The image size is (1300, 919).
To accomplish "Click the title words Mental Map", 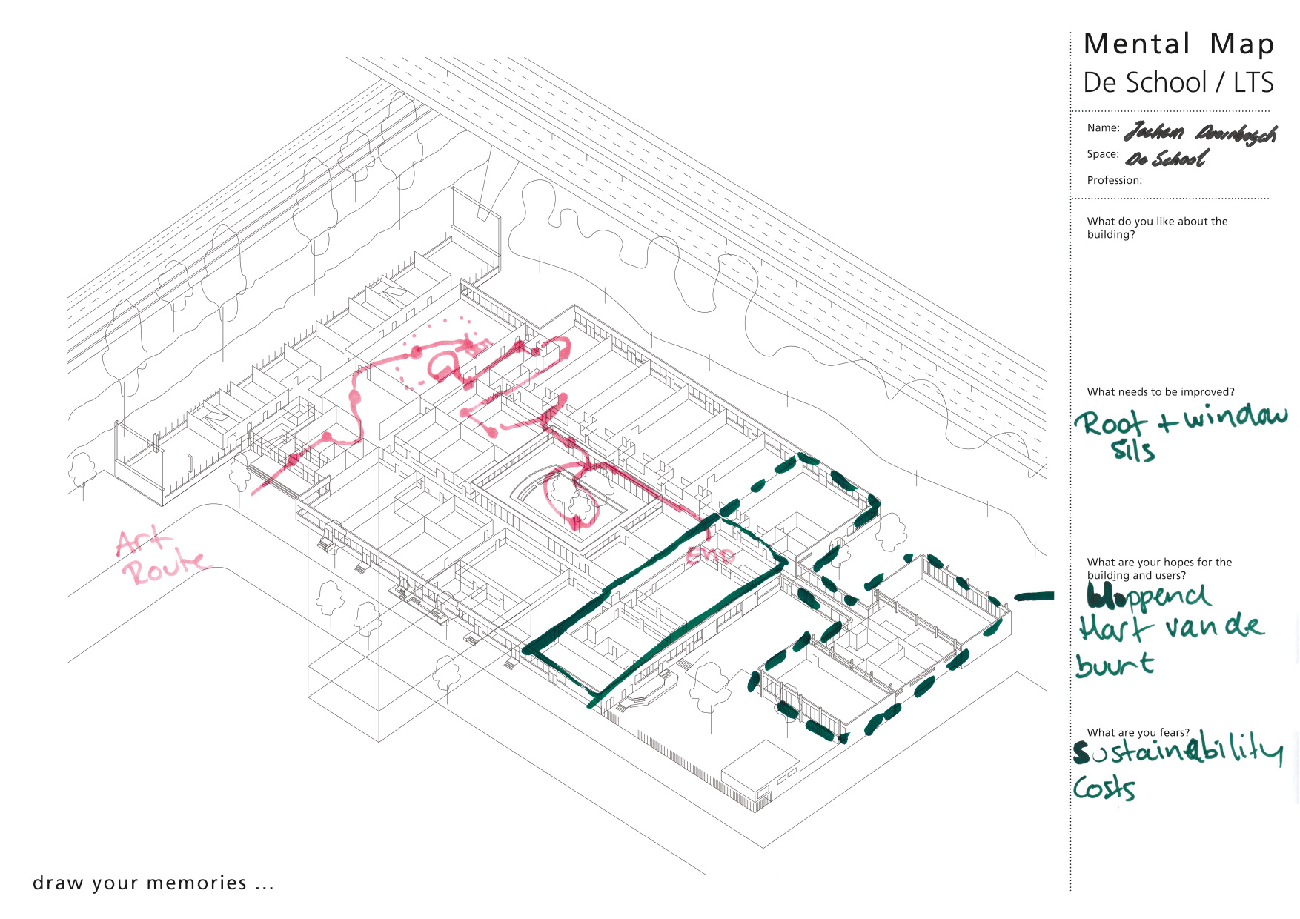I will (x=1178, y=44).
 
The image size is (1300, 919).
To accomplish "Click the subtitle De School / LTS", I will (x=1178, y=82).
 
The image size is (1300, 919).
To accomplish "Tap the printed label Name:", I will (x=1103, y=128).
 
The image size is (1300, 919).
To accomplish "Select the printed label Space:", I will (x=1103, y=154).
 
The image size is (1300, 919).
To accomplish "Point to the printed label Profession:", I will (x=1114, y=180).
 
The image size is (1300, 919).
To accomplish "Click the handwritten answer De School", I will (x=1167, y=159).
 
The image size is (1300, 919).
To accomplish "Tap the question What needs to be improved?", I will (x=1161, y=392).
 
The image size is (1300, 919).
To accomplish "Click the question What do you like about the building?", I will (x=1157, y=228).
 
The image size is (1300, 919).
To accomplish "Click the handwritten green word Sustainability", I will (x=1178, y=751).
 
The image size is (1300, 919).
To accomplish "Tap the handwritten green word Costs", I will (x=1104, y=789).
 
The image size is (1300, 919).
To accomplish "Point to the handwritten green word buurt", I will (x=1115, y=664).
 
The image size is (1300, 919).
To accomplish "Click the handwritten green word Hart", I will (x=1115, y=628).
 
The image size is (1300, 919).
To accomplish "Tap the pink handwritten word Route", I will (x=165, y=569).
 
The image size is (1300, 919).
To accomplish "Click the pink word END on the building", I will (x=710, y=555).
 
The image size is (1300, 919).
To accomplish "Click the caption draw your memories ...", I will (x=153, y=883).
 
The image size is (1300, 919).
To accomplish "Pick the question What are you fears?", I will (x=1138, y=732).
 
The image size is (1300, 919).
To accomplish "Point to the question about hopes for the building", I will (x=1159, y=568).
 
